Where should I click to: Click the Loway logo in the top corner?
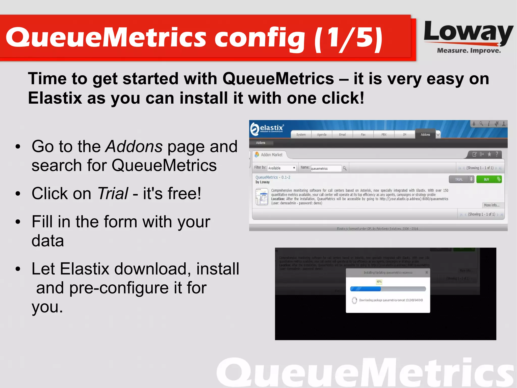(468, 37)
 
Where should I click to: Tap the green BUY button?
(488, 179)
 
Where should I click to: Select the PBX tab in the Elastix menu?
(384, 134)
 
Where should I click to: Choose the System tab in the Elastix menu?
(301, 134)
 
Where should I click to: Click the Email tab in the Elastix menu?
(342, 134)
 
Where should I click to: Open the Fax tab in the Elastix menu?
(363, 134)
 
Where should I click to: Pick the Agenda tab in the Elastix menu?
(322, 134)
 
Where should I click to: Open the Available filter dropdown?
(281, 168)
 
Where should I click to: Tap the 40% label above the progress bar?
(379, 282)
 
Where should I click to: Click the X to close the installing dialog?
(427, 272)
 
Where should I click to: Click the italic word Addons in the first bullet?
(134, 147)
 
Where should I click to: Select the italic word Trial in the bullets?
(113, 194)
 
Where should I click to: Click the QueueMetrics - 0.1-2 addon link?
(273, 177)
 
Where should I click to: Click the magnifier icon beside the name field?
(345, 168)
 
